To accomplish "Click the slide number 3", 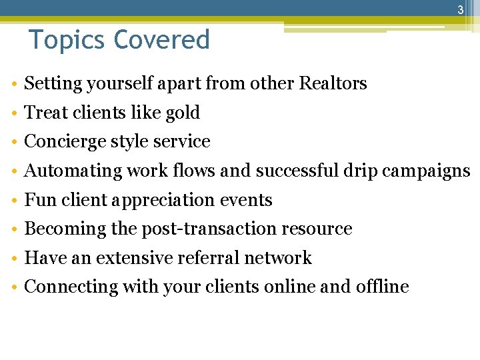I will click(x=460, y=10).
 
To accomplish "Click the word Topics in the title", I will click(x=67, y=40).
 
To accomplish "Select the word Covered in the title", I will click(x=162, y=40).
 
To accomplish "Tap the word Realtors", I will click(x=333, y=83).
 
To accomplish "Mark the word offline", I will click(x=382, y=287).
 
